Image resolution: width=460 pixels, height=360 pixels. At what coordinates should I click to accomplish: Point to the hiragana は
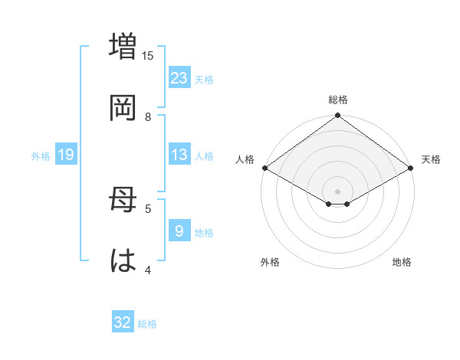tap(123, 262)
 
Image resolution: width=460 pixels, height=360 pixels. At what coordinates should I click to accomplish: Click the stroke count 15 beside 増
tap(148, 55)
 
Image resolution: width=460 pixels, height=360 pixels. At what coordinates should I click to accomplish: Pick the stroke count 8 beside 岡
tap(148, 116)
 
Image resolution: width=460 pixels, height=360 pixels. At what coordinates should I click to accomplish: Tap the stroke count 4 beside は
tap(148, 270)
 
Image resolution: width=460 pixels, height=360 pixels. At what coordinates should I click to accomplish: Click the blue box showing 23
tap(179, 78)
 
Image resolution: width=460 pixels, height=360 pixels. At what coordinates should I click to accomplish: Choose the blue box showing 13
tap(179, 155)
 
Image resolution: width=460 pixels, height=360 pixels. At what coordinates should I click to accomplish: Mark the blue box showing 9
tap(179, 231)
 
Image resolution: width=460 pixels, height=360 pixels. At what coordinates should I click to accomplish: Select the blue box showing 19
tap(66, 155)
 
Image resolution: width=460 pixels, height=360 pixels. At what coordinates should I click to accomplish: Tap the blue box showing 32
tap(123, 322)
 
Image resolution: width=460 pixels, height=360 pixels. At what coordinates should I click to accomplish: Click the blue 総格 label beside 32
tap(147, 324)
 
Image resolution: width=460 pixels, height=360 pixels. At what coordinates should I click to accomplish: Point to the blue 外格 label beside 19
tap(41, 156)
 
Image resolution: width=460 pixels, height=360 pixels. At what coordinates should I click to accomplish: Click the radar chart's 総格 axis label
tap(338, 100)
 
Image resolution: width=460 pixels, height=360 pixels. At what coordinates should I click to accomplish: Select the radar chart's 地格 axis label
tap(402, 263)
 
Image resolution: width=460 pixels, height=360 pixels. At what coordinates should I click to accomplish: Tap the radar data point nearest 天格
tap(411, 168)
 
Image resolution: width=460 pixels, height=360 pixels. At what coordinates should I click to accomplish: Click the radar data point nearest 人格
tap(264, 168)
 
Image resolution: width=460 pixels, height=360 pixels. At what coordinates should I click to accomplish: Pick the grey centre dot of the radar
tap(338, 191)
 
